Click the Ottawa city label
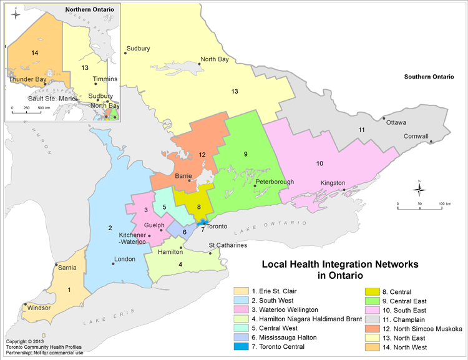(x=397, y=122)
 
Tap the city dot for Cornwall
(x=432, y=142)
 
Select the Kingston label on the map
(x=333, y=183)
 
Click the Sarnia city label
(x=66, y=268)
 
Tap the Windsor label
(x=38, y=308)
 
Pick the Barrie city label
(x=184, y=176)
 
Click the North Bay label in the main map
(x=213, y=60)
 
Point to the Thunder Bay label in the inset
(x=27, y=80)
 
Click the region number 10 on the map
(x=319, y=163)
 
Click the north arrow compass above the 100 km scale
(x=420, y=187)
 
